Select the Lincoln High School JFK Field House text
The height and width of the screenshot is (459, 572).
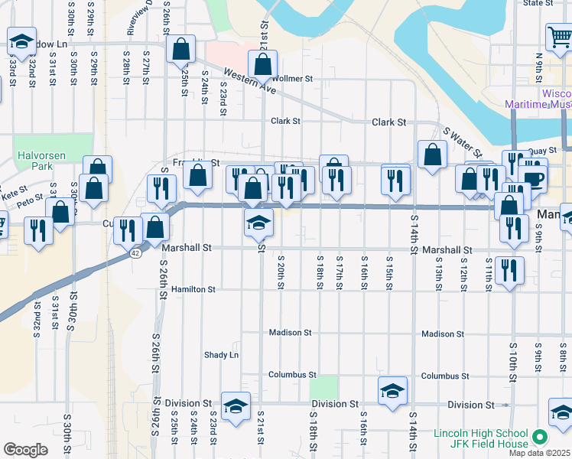(480, 438)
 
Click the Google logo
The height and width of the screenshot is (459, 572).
(25, 450)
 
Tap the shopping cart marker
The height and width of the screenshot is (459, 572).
(559, 37)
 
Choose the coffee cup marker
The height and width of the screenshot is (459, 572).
(533, 178)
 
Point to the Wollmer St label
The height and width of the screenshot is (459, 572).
(292, 79)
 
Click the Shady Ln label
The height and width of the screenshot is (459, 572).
(221, 355)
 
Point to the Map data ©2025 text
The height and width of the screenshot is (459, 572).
(540, 453)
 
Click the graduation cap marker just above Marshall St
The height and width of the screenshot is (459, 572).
(258, 223)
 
